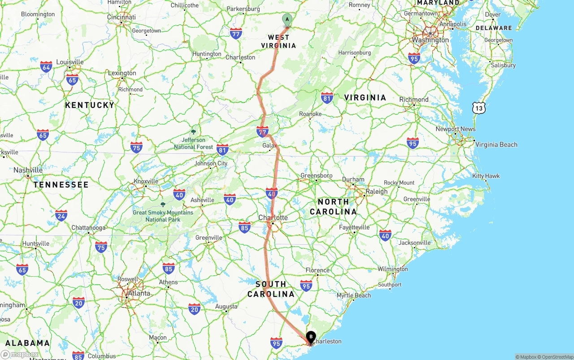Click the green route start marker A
click(287, 19)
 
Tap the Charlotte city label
click(273, 217)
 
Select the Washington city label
click(430, 40)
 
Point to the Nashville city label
click(28, 170)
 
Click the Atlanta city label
click(139, 293)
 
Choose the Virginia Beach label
click(496, 144)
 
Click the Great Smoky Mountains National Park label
click(163, 216)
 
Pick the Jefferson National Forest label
click(193, 143)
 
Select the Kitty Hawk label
click(486, 176)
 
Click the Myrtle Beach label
click(354, 295)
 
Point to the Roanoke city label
click(310, 114)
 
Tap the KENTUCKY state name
click(90, 105)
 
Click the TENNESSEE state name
click(61, 184)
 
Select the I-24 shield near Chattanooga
click(61, 216)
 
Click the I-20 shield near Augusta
click(194, 308)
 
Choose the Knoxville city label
click(146, 181)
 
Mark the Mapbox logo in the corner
click(20, 354)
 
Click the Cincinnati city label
click(121, 17)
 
